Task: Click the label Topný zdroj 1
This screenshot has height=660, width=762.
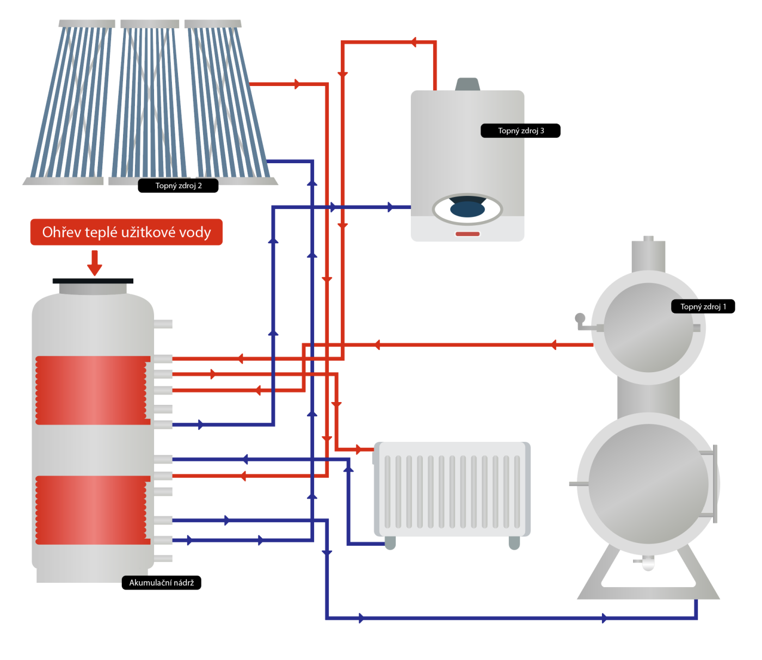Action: point(703,307)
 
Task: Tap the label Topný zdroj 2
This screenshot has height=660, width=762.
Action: point(178,186)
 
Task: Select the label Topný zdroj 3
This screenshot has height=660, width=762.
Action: point(520,131)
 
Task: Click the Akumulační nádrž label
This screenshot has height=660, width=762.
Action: point(161,583)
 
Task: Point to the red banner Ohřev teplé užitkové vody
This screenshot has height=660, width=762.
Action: point(126,232)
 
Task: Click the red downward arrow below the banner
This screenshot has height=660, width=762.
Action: point(95,263)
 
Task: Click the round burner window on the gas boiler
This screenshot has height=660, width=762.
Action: point(468,209)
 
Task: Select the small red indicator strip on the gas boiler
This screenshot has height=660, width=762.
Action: point(468,234)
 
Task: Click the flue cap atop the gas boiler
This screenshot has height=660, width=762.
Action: point(468,84)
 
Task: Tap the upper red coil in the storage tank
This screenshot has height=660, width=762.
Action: point(93,390)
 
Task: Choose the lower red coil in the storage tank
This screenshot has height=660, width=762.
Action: point(93,510)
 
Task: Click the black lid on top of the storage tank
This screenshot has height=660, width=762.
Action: point(93,281)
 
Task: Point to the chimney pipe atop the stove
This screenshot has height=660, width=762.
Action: point(648,255)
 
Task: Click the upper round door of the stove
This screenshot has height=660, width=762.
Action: point(648,328)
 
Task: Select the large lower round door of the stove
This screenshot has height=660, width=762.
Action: point(648,483)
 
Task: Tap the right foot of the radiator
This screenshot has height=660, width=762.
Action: point(514,543)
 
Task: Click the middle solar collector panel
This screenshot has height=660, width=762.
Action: point(149,101)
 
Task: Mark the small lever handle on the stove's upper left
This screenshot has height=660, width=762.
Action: point(582,321)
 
